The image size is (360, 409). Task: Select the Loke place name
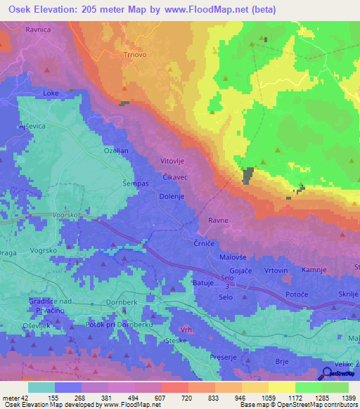[51, 93]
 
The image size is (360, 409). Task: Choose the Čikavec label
[175, 178]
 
